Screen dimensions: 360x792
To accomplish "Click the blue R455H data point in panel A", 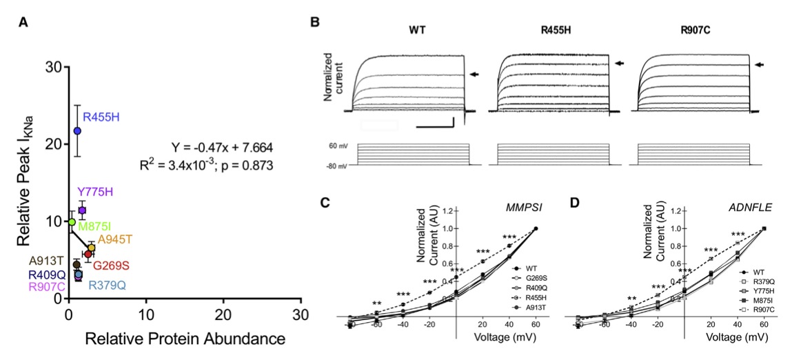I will pos(77,130).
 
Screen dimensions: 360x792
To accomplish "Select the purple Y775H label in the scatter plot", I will pos(94,192).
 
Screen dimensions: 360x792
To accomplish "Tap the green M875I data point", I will pos(72,221).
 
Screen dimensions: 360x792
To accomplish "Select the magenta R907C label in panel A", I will pos(47,286).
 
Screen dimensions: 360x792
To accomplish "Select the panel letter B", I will pos(315,22).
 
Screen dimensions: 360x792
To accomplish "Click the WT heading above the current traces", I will pos(416,30).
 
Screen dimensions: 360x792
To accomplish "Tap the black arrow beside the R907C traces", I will pos(760,64).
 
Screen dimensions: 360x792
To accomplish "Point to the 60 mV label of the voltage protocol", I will pos(336,147).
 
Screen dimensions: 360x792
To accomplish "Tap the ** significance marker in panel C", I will pos(377,303).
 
